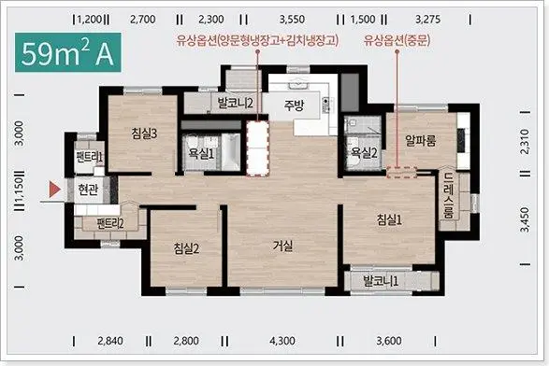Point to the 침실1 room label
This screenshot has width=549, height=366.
click(x=390, y=219)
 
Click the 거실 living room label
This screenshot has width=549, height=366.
click(x=282, y=246)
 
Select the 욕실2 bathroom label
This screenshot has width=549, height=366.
click(x=363, y=153)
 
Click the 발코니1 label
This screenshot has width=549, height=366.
click(x=382, y=280)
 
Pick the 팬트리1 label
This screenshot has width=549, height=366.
click(x=88, y=157)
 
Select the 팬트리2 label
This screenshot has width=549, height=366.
click(x=110, y=223)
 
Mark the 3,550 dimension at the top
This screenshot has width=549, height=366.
click(x=292, y=18)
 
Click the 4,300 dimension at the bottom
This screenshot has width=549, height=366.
click(x=282, y=341)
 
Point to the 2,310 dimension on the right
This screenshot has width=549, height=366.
click(x=530, y=140)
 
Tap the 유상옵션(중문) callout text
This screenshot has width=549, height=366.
click(x=398, y=40)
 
